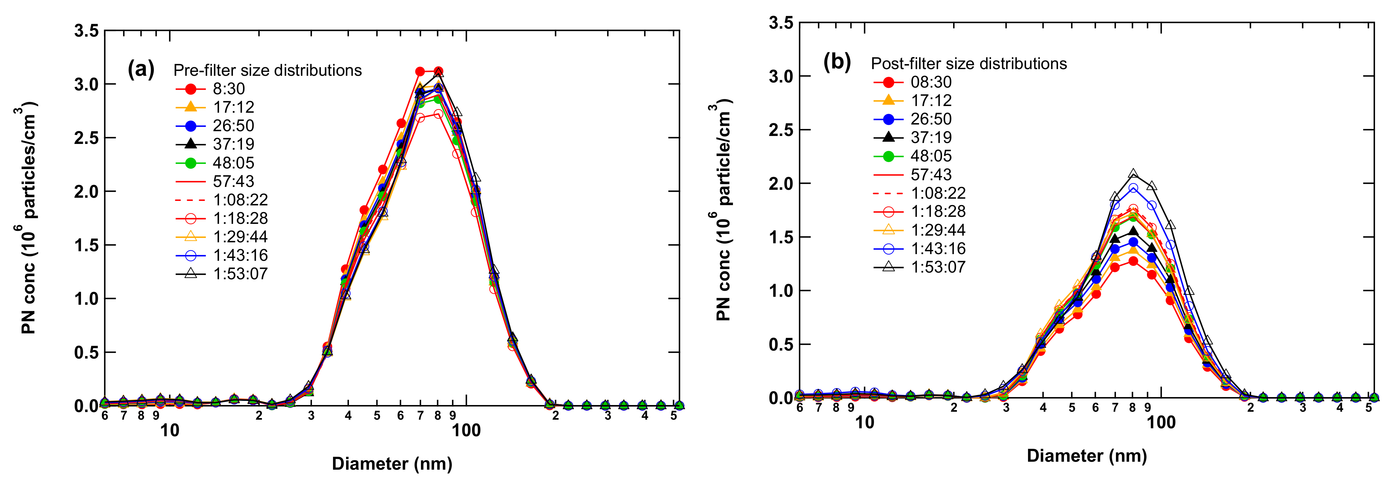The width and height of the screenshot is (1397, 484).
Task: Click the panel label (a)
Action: point(141,69)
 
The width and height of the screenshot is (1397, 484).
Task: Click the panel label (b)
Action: point(837,62)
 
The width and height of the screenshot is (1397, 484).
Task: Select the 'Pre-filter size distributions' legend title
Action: point(267,70)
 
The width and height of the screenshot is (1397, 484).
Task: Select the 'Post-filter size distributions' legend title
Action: point(969,64)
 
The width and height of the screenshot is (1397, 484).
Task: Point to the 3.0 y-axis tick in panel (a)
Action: point(87,85)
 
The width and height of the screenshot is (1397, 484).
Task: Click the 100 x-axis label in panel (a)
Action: point(467,431)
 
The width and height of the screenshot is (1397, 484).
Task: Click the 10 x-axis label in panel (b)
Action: point(865,423)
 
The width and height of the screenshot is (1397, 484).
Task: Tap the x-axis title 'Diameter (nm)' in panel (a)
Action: point(392,464)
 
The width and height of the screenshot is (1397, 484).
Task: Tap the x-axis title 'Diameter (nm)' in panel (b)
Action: point(1087,456)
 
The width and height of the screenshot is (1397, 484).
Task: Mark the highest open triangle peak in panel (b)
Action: point(1133,174)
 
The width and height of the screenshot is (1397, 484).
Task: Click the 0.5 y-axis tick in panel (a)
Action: point(87,352)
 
